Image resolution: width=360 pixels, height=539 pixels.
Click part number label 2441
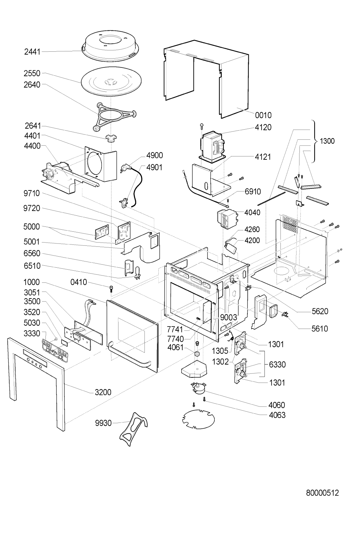click(x=32, y=51)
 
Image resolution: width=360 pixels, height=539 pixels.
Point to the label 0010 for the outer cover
click(x=263, y=115)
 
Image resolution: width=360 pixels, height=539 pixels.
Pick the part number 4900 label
click(x=154, y=155)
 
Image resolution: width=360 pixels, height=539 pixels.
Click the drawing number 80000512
click(x=322, y=493)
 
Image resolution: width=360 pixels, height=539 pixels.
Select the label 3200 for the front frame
click(x=103, y=392)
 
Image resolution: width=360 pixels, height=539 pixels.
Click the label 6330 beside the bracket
click(x=278, y=365)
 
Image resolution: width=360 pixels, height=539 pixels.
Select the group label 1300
click(x=327, y=141)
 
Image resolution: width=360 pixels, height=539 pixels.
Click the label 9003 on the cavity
click(x=228, y=317)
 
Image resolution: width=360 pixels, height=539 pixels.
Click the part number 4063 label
click(x=277, y=415)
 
